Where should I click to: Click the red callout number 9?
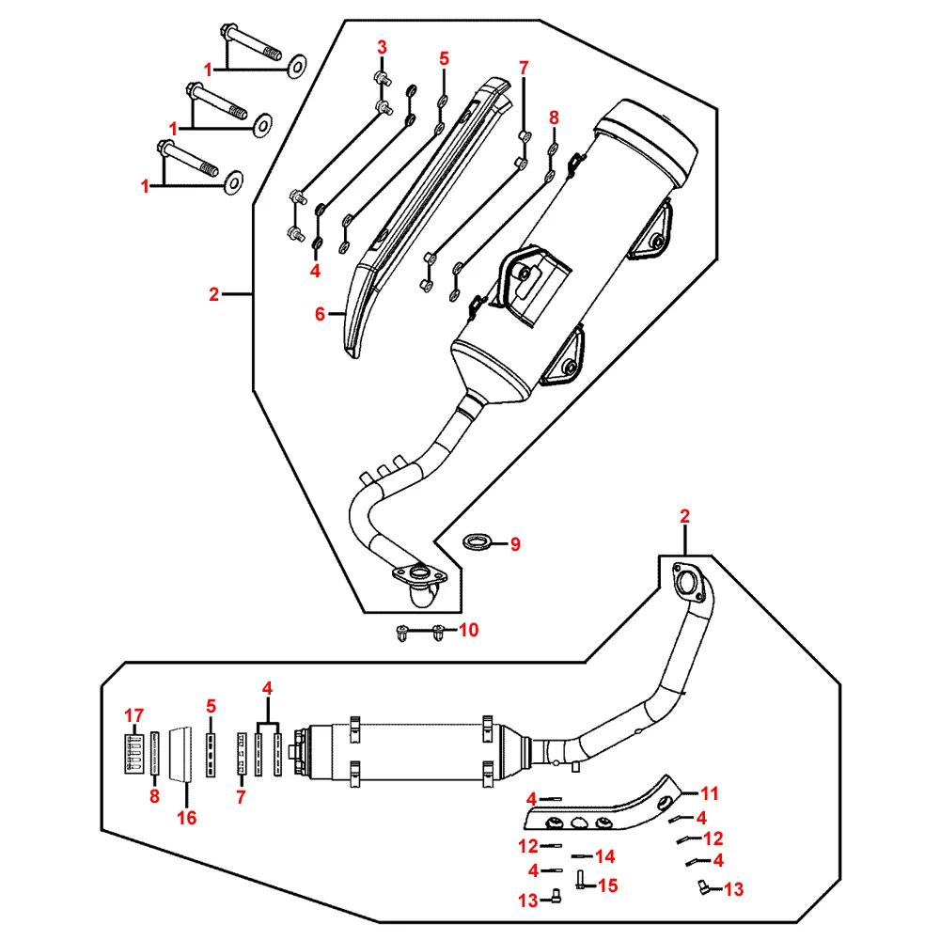514,543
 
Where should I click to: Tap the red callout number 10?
468,630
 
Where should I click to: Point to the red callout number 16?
186,818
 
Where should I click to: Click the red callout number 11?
710,791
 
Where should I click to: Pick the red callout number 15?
608,885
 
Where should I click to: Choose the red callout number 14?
605,856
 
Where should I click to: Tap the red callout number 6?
321,314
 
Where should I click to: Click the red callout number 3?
383,47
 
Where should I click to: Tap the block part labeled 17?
134,753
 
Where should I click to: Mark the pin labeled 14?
579,856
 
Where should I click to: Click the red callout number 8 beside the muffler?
554,119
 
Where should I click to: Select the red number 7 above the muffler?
524,67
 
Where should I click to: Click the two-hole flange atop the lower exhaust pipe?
689,580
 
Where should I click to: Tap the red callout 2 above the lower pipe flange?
685,516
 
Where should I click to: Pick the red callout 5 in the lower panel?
211,706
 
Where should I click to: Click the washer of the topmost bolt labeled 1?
296,63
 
